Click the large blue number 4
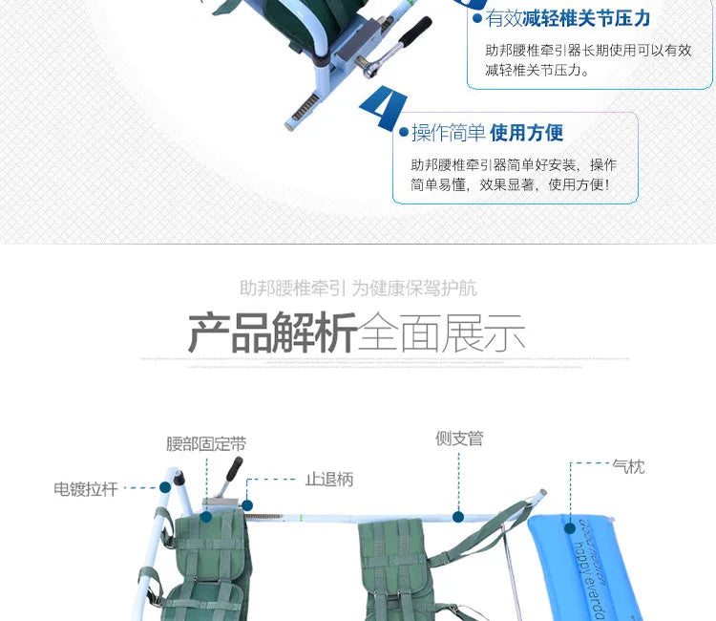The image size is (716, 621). [x=384, y=109]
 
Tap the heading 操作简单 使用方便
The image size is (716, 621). [x=487, y=133]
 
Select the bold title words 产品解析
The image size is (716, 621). [x=272, y=332]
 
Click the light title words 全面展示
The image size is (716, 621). [x=442, y=332]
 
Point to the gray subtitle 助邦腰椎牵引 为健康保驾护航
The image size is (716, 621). [x=358, y=288]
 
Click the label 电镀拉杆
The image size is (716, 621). [x=86, y=489]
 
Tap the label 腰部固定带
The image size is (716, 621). [x=205, y=444]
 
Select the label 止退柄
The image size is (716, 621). [x=328, y=480]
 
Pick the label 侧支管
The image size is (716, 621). [x=459, y=439]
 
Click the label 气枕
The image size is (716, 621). [x=628, y=466]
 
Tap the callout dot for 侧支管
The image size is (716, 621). [x=458, y=517]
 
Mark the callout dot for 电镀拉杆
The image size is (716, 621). [x=164, y=487]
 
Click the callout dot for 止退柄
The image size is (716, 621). [x=247, y=505]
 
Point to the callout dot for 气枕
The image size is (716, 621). [x=570, y=525]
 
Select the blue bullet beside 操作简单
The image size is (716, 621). [x=403, y=134]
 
